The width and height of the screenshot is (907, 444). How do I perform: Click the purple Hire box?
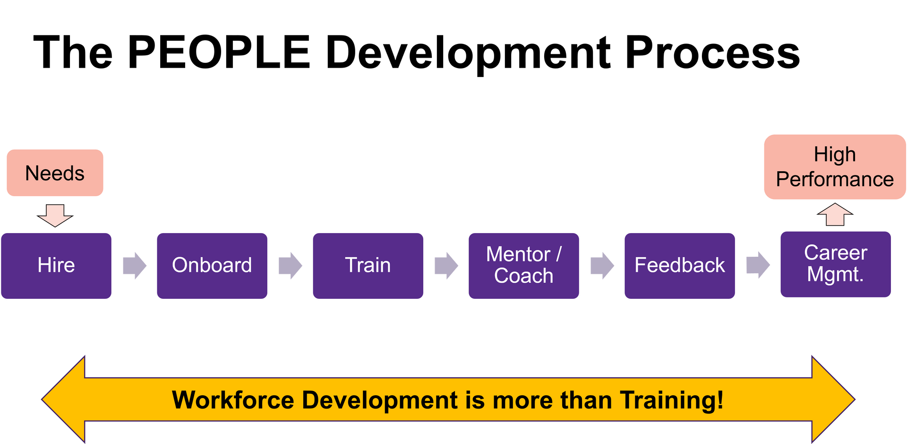pos(56,265)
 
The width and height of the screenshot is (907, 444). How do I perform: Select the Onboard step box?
pos(212,265)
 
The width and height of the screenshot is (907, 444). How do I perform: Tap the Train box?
pos(368,265)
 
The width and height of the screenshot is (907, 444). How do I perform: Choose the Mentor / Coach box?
pos(524,265)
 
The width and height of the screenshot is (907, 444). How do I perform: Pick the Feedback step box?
pos(680,265)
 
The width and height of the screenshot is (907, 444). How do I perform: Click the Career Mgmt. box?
pos(836,264)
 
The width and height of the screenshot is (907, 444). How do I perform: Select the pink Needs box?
pos(55,173)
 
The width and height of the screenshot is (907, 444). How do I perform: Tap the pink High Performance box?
pos(835,167)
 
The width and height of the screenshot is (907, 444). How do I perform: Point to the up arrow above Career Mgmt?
pos(835,215)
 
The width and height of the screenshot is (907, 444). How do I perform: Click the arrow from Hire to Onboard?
pos(135,265)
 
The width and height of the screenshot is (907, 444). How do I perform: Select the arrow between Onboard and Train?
pos(290,265)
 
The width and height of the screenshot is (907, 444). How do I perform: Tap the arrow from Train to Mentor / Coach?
pos(446,265)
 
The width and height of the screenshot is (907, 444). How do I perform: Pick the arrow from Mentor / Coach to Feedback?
pos(602,265)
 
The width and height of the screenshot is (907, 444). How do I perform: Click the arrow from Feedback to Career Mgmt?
pos(758,265)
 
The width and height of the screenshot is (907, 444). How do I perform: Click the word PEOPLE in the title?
pos(219,52)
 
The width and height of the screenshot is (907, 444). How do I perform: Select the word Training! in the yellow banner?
pos(671,400)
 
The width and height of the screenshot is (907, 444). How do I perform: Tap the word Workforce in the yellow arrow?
pos(233,400)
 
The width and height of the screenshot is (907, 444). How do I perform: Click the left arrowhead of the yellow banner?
pos(64,400)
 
